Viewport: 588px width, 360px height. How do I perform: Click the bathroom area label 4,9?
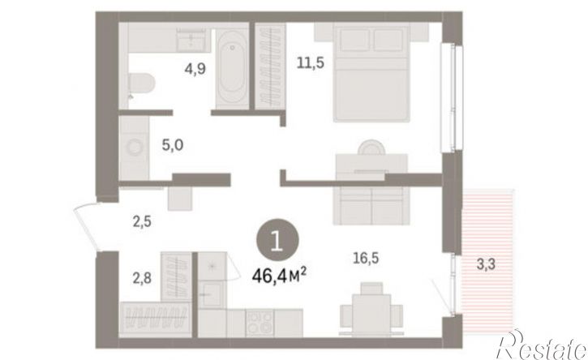tap(195, 69)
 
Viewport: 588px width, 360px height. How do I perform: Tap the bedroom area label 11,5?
tap(310, 62)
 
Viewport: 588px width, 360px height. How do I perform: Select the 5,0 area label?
tap(173, 145)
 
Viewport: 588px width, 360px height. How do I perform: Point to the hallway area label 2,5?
tap(142, 221)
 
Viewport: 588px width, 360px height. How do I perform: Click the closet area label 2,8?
tap(142, 278)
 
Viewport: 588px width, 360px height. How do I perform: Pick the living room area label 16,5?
tap(366, 258)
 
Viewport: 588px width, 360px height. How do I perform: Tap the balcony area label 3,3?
tap(486, 264)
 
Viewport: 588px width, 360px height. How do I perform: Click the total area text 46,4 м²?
tap(279, 276)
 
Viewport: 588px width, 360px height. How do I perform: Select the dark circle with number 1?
tap(277, 240)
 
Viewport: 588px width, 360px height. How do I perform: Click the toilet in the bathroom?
tap(141, 83)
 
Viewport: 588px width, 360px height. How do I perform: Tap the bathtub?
tap(233, 66)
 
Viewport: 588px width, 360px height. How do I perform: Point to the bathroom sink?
tap(191, 41)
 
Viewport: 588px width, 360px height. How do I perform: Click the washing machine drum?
tap(134, 147)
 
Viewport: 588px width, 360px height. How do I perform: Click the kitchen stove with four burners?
tap(260, 322)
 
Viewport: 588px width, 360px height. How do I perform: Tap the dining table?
tap(371, 315)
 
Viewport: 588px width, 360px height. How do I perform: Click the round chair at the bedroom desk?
tap(371, 147)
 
